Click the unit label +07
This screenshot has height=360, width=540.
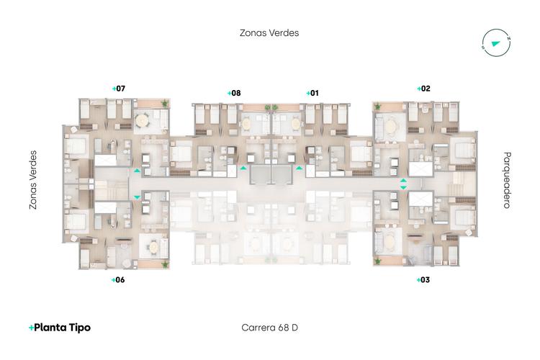[x=119, y=89]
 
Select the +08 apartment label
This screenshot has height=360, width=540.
[x=234, y=93]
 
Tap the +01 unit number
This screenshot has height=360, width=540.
[x=312, y=93]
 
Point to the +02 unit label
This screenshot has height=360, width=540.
[x=423, y=89]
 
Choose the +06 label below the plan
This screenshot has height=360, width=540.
[x=118, y=280]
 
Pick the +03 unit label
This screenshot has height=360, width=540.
[x=423, y=280]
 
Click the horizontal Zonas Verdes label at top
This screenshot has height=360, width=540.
[x=269, y=33]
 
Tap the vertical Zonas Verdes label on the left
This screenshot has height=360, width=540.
[x=33, y=180]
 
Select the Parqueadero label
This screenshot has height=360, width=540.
[x=507, y=180]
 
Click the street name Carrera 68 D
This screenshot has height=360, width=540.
[x=270, y=328]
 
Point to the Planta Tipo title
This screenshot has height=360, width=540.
[x=60, y=328]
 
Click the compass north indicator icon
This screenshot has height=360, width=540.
[x=496, y=42]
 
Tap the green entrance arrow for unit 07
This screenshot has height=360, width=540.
[x=137, y=171]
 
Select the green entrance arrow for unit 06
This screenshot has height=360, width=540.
[x=137, y=197]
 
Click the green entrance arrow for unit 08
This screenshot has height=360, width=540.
[x=243, y=168]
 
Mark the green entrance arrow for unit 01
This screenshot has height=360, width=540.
[x=300, y=168]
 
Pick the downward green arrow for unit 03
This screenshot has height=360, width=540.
[x=403, y=188]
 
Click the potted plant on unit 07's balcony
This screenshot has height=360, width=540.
[x=165, y=103]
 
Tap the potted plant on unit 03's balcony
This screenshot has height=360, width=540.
[x=378, y=261]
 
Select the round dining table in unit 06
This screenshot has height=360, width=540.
[x=153, y=247]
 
